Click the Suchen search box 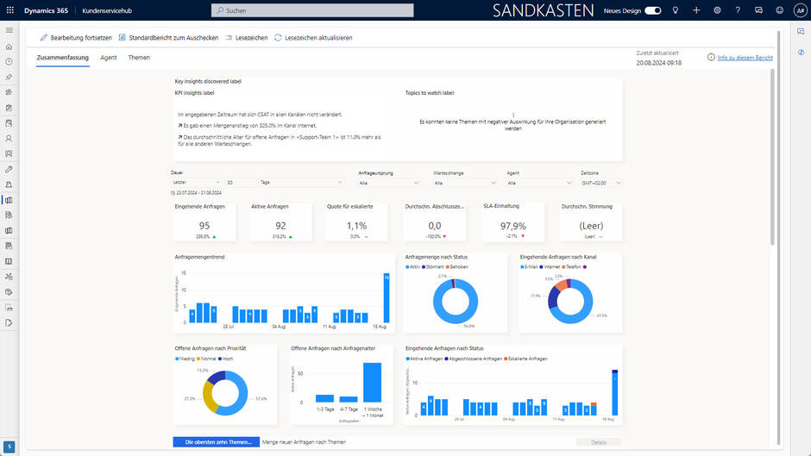pyautogui.click(x=311, y=10)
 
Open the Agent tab pyautogui.click(x=108, y=58)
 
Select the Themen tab pyautogui.click(x=139, y=58)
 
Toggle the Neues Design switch pyautogui.click(x=653, y=10)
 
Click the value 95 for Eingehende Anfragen pyautogui.click(x=204, y=226)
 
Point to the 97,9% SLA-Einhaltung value pyautogui.click(x=512, y=226)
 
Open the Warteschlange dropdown pyautogui.click(x=464, y=183)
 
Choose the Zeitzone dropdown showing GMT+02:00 pyautogui.click(x=601, y=183)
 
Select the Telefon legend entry pyautogui.click(x=574, y=266)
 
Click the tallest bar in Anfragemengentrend pyautogui.click(x=386, y=297)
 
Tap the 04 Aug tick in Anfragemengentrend pyautogui.click(x=279, y=327)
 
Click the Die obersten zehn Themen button pyautogui.click(x=216, y=442)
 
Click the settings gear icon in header pyautogui.click(x=717, y=10)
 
